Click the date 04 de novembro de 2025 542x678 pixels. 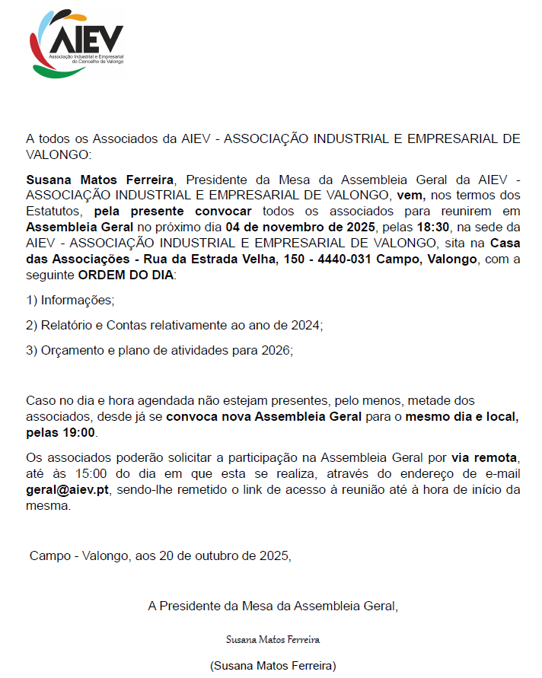301,227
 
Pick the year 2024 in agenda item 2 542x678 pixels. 307,325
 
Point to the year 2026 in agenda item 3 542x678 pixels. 276,350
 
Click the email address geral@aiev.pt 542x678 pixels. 68,489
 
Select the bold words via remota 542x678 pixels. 484,457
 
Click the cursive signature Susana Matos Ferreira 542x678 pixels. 273,639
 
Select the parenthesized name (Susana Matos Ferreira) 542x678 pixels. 273,665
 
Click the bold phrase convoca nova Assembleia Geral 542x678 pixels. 264,416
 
